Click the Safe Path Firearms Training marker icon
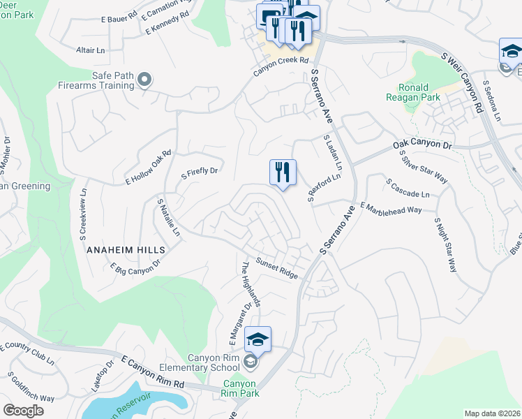coord(144,80)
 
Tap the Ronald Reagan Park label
coord(419,93)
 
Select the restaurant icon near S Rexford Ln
coord(283,172)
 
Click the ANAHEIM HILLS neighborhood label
coord(126,249)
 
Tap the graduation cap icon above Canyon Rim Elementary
coord(258,339)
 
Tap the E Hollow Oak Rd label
coord(149,168)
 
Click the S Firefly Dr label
coord(200,171)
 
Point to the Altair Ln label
coord(90,50)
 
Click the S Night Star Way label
coord(445,244)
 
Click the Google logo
coord(23,411)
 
